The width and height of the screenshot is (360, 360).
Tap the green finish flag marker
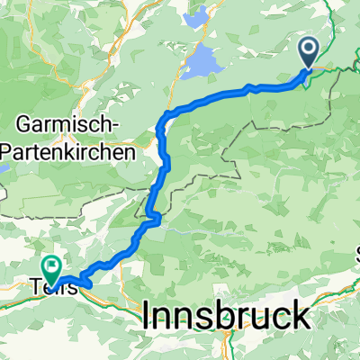[50, 266]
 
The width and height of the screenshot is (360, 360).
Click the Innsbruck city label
[227, 316]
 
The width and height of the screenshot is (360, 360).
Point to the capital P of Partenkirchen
[8, 151]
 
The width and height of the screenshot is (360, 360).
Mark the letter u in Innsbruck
[252, 318]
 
